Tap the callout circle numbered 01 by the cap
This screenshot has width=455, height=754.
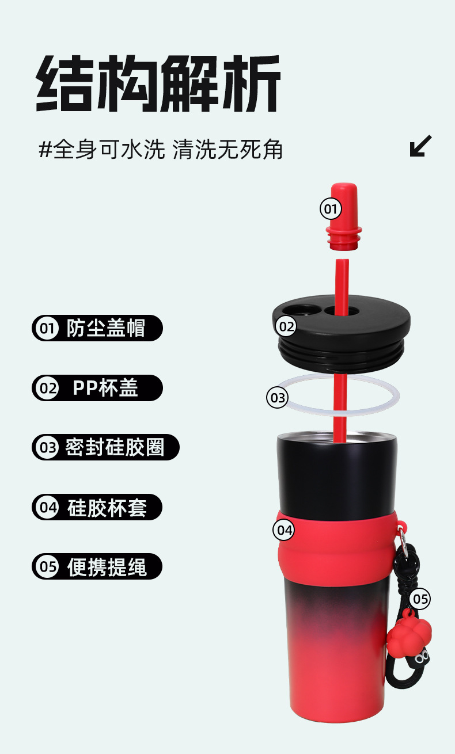(x=331, y=208)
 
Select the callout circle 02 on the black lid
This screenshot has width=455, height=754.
(x=286, y=327)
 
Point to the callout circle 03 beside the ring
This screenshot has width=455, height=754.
(x=278, y=397)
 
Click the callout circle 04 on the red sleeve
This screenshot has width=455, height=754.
(x=283, y=530)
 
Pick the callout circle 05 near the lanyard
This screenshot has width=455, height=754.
(x=420, y=599)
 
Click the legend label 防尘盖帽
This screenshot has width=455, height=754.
(x=106, y=329)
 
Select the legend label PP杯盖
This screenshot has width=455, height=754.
(x=105, y=388)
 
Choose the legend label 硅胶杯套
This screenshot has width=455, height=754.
(x=107, y=508)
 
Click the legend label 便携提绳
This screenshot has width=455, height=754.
(x=107, y=567)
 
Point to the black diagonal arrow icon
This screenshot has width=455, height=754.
(x=420, y=146)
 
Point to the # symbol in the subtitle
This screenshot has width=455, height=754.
(x=45, y=150)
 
